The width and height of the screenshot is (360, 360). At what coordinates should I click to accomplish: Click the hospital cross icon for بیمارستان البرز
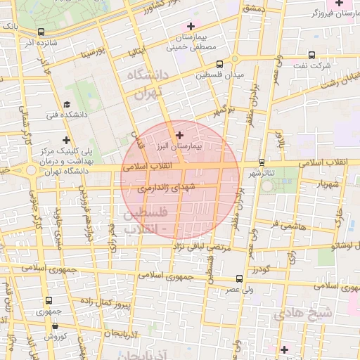tap(179, 134)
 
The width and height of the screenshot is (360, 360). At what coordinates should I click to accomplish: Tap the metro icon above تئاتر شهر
tap(262, 162)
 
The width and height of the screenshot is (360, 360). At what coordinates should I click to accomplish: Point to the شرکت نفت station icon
tap(311, 54)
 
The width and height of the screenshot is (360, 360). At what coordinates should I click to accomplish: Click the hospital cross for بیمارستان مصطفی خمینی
tap(190, 26)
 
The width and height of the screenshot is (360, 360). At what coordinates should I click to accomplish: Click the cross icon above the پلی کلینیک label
tap(67, 140)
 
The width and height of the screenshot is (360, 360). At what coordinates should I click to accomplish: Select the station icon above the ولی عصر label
tap(239, 278)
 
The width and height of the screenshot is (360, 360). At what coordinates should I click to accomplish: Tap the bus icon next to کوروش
tap(32, 337)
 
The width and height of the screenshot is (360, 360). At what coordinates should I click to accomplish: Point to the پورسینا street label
tap(92, 52)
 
